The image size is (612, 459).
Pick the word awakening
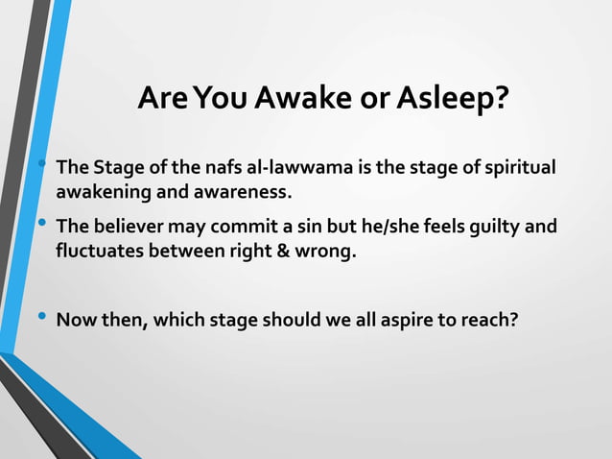point(101,192)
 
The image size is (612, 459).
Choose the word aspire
point(416,320)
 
